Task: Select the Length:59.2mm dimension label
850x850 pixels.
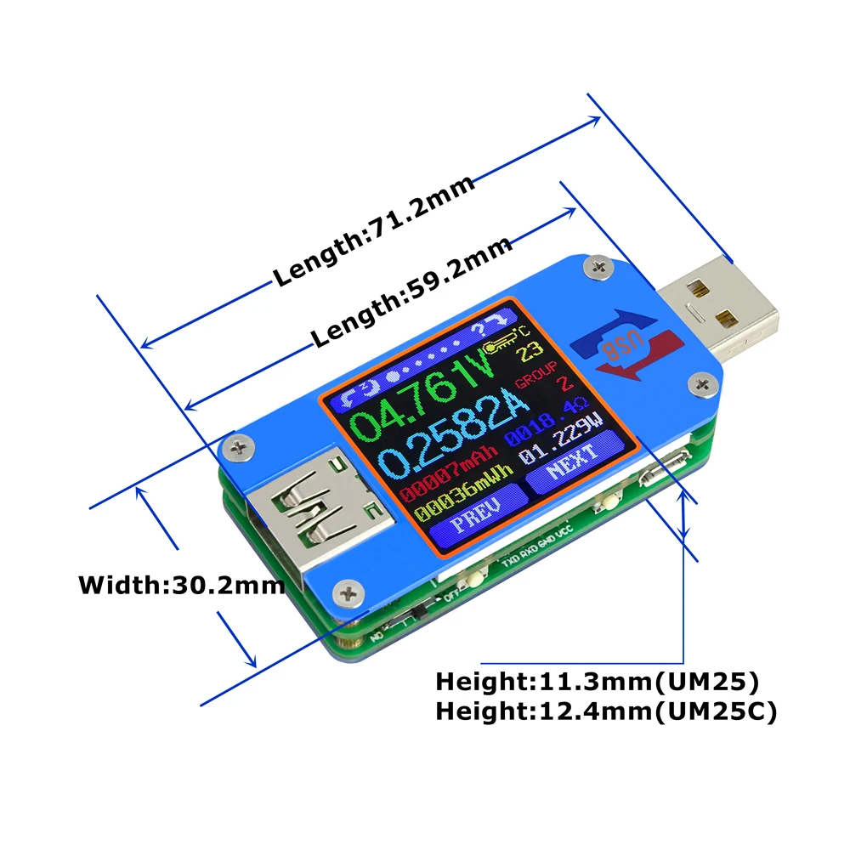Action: coord(412,292)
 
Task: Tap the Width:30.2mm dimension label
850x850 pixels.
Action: coord(181,586)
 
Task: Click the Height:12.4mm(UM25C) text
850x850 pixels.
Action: coord(606,712)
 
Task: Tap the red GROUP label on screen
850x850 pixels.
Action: coord(538,368)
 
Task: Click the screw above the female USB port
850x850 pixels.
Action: coord(241,444)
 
